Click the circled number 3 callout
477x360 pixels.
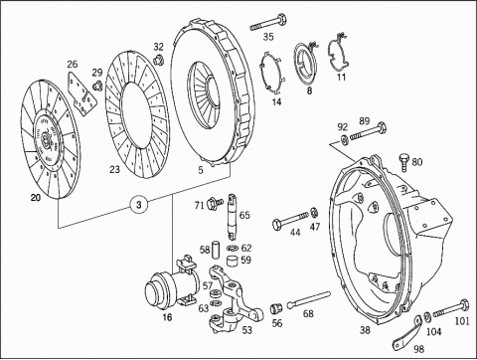(x=139, y=205)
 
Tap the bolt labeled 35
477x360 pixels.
(x=268, y=23)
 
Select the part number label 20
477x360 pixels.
(x=36, y=198)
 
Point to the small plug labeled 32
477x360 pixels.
(x=158, y=60)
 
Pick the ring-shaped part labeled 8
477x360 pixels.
(x=305, y=65)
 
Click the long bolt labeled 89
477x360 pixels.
(x=369, y=131)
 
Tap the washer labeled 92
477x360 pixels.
(x=344, y=140)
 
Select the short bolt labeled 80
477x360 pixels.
(x=404, y=162)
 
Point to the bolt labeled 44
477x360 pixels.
(x=290, y=221)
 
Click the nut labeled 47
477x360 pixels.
(x=314, y=212)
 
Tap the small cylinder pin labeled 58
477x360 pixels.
(x=216, y=250)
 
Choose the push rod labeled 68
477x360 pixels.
(x=308, y=299)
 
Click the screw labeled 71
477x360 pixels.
(x=215, y=203)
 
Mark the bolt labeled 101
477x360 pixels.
(x=451, y=308)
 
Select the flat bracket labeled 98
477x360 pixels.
(x=407, y=331)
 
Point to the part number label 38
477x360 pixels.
(x=365, y=330)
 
